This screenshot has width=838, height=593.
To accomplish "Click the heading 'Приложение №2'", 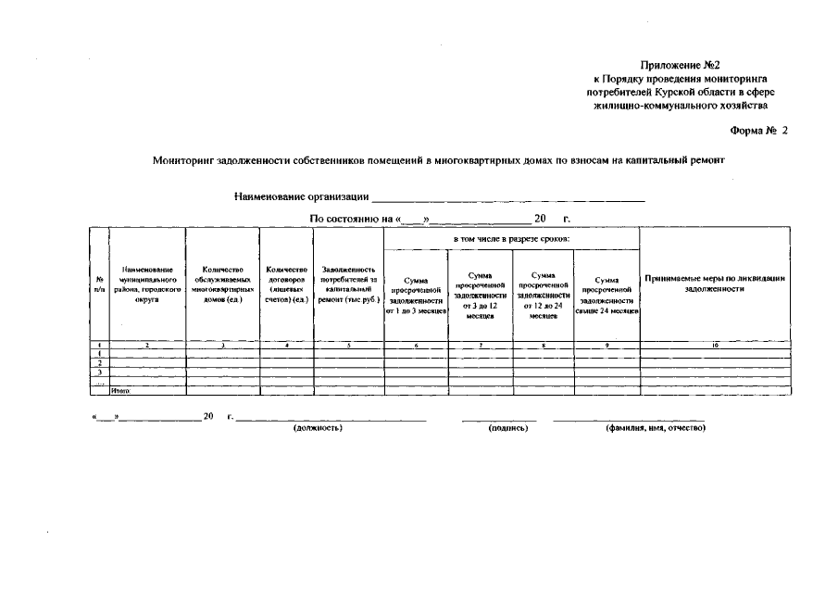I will point(680,65).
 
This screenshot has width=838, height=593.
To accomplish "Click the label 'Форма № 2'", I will point(758,131).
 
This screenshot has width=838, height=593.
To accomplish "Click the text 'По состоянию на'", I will point(352,220).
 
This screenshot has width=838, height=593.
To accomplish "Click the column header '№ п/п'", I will point(99,284).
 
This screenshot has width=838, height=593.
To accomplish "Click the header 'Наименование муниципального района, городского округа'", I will point(146,284).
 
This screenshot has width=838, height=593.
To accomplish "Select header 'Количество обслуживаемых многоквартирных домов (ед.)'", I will point(222,284).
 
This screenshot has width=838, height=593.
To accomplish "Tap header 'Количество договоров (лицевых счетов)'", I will point(286,284).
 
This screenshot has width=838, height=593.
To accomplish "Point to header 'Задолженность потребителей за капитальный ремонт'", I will point(348,284).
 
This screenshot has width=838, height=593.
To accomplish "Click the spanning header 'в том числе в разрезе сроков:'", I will point(511,239).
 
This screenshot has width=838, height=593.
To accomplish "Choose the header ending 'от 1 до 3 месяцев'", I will point(416,296).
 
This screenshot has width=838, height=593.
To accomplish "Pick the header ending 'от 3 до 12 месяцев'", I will point(480,296).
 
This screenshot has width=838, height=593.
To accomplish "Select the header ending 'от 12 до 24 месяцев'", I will point(544,296).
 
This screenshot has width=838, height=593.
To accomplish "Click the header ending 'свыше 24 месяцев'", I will point(607,296).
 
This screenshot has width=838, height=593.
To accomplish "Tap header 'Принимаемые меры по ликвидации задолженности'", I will point(714,284).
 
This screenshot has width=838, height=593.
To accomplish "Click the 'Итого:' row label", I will point(120,392).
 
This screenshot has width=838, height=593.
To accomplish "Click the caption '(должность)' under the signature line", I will point(318,429).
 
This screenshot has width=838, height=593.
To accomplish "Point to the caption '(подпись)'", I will point(507,429).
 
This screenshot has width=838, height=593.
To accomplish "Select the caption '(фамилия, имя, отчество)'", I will point(656,429).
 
